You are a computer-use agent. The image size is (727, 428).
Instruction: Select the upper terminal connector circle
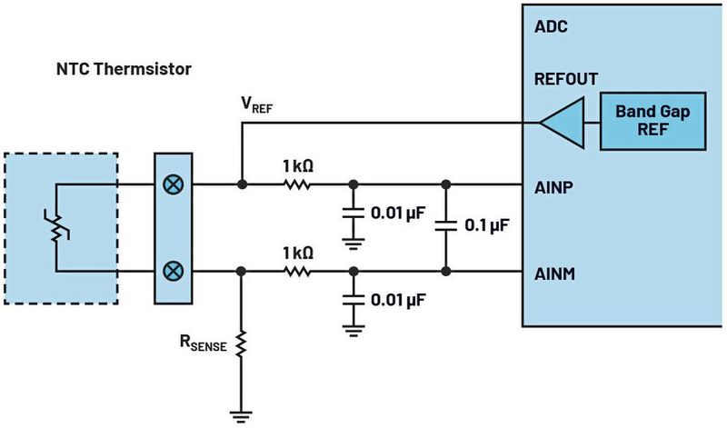[171, 184]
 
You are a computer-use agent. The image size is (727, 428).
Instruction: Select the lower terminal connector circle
[171, 271]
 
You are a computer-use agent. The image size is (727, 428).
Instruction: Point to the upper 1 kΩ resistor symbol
[298, 184]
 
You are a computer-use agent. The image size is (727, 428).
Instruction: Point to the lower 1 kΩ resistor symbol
[298, 271]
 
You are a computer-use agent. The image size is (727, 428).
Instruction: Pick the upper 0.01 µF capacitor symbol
[351, 215]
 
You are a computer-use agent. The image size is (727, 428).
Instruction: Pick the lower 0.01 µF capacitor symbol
[351, 300]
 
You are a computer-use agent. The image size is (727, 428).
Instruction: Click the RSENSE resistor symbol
[241, 343]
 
